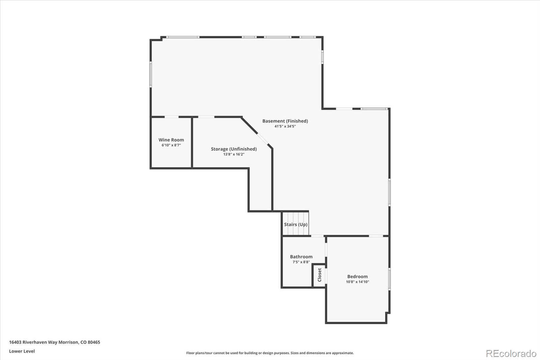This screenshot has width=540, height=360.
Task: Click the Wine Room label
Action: [x=171, y=140]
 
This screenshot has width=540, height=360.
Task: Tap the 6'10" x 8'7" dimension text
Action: [x=171, y=145]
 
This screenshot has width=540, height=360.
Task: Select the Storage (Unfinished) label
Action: [x=234, y=149]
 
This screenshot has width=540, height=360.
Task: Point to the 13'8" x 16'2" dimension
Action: [x=234, y=154]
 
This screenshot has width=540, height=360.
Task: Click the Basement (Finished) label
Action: [x=285, y=121]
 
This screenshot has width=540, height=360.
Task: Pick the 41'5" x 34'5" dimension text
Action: [x=285, y=126]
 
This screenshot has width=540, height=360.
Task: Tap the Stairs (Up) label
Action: [x=296, y=224]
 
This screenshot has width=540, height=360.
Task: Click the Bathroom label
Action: [x=301, y=256]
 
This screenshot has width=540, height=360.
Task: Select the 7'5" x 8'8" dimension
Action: [x=301, y=262]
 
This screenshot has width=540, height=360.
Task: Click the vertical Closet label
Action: [x=320, y=275]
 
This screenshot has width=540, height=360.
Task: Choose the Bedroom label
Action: [x=357, y=276]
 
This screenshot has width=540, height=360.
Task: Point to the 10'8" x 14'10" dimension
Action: [x=357, y=282]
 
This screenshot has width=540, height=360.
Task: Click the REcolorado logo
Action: [x=511, y=354]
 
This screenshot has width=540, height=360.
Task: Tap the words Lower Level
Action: [x=22, y=351]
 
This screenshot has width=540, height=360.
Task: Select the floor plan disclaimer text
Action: [x=270, y=353]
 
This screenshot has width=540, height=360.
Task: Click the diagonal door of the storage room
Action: [x=263, y=139]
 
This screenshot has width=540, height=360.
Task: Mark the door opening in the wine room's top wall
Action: [x=172, y=117]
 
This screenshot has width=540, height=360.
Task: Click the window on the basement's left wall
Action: [x=151, y=74]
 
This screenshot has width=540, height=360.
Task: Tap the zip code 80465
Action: [x=94, y=342]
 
